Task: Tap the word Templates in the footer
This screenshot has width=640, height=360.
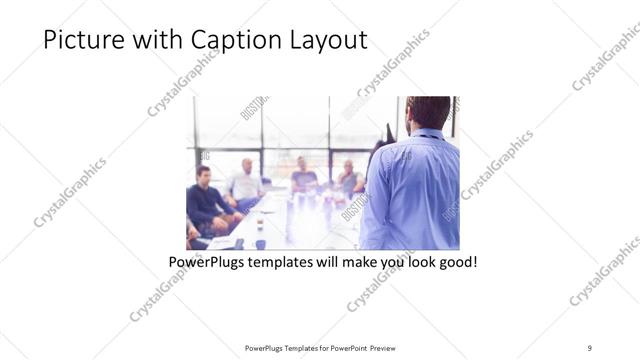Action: [x=291, y=348]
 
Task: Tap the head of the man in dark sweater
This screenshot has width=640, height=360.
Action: [x=203, y=175]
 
